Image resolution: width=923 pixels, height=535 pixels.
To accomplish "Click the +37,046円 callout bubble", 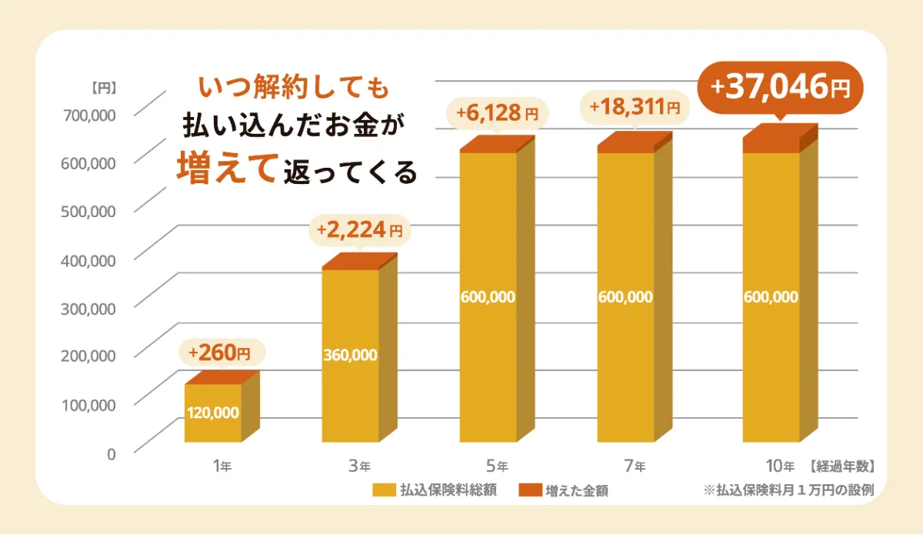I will [x=780, y=88].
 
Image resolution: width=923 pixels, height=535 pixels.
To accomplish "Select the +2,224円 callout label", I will [x=359, y=229].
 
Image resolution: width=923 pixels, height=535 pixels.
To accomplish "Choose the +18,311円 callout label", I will [x=635, y=109].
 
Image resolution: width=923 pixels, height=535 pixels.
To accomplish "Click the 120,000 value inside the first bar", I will [x=213, y=413].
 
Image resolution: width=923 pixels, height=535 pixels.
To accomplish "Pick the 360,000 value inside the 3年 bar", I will [x=350, y=355].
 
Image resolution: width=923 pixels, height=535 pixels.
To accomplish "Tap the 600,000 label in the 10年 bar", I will [x=771, y=297].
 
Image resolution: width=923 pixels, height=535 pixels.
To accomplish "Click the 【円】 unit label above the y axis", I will [x=102, y=88].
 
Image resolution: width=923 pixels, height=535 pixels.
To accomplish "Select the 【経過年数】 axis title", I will [x=841, y=466].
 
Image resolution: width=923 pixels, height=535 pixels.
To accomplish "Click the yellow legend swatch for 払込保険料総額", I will [x=382, y=490].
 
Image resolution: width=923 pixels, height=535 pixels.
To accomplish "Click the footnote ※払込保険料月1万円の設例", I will [x=788, y=490].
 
